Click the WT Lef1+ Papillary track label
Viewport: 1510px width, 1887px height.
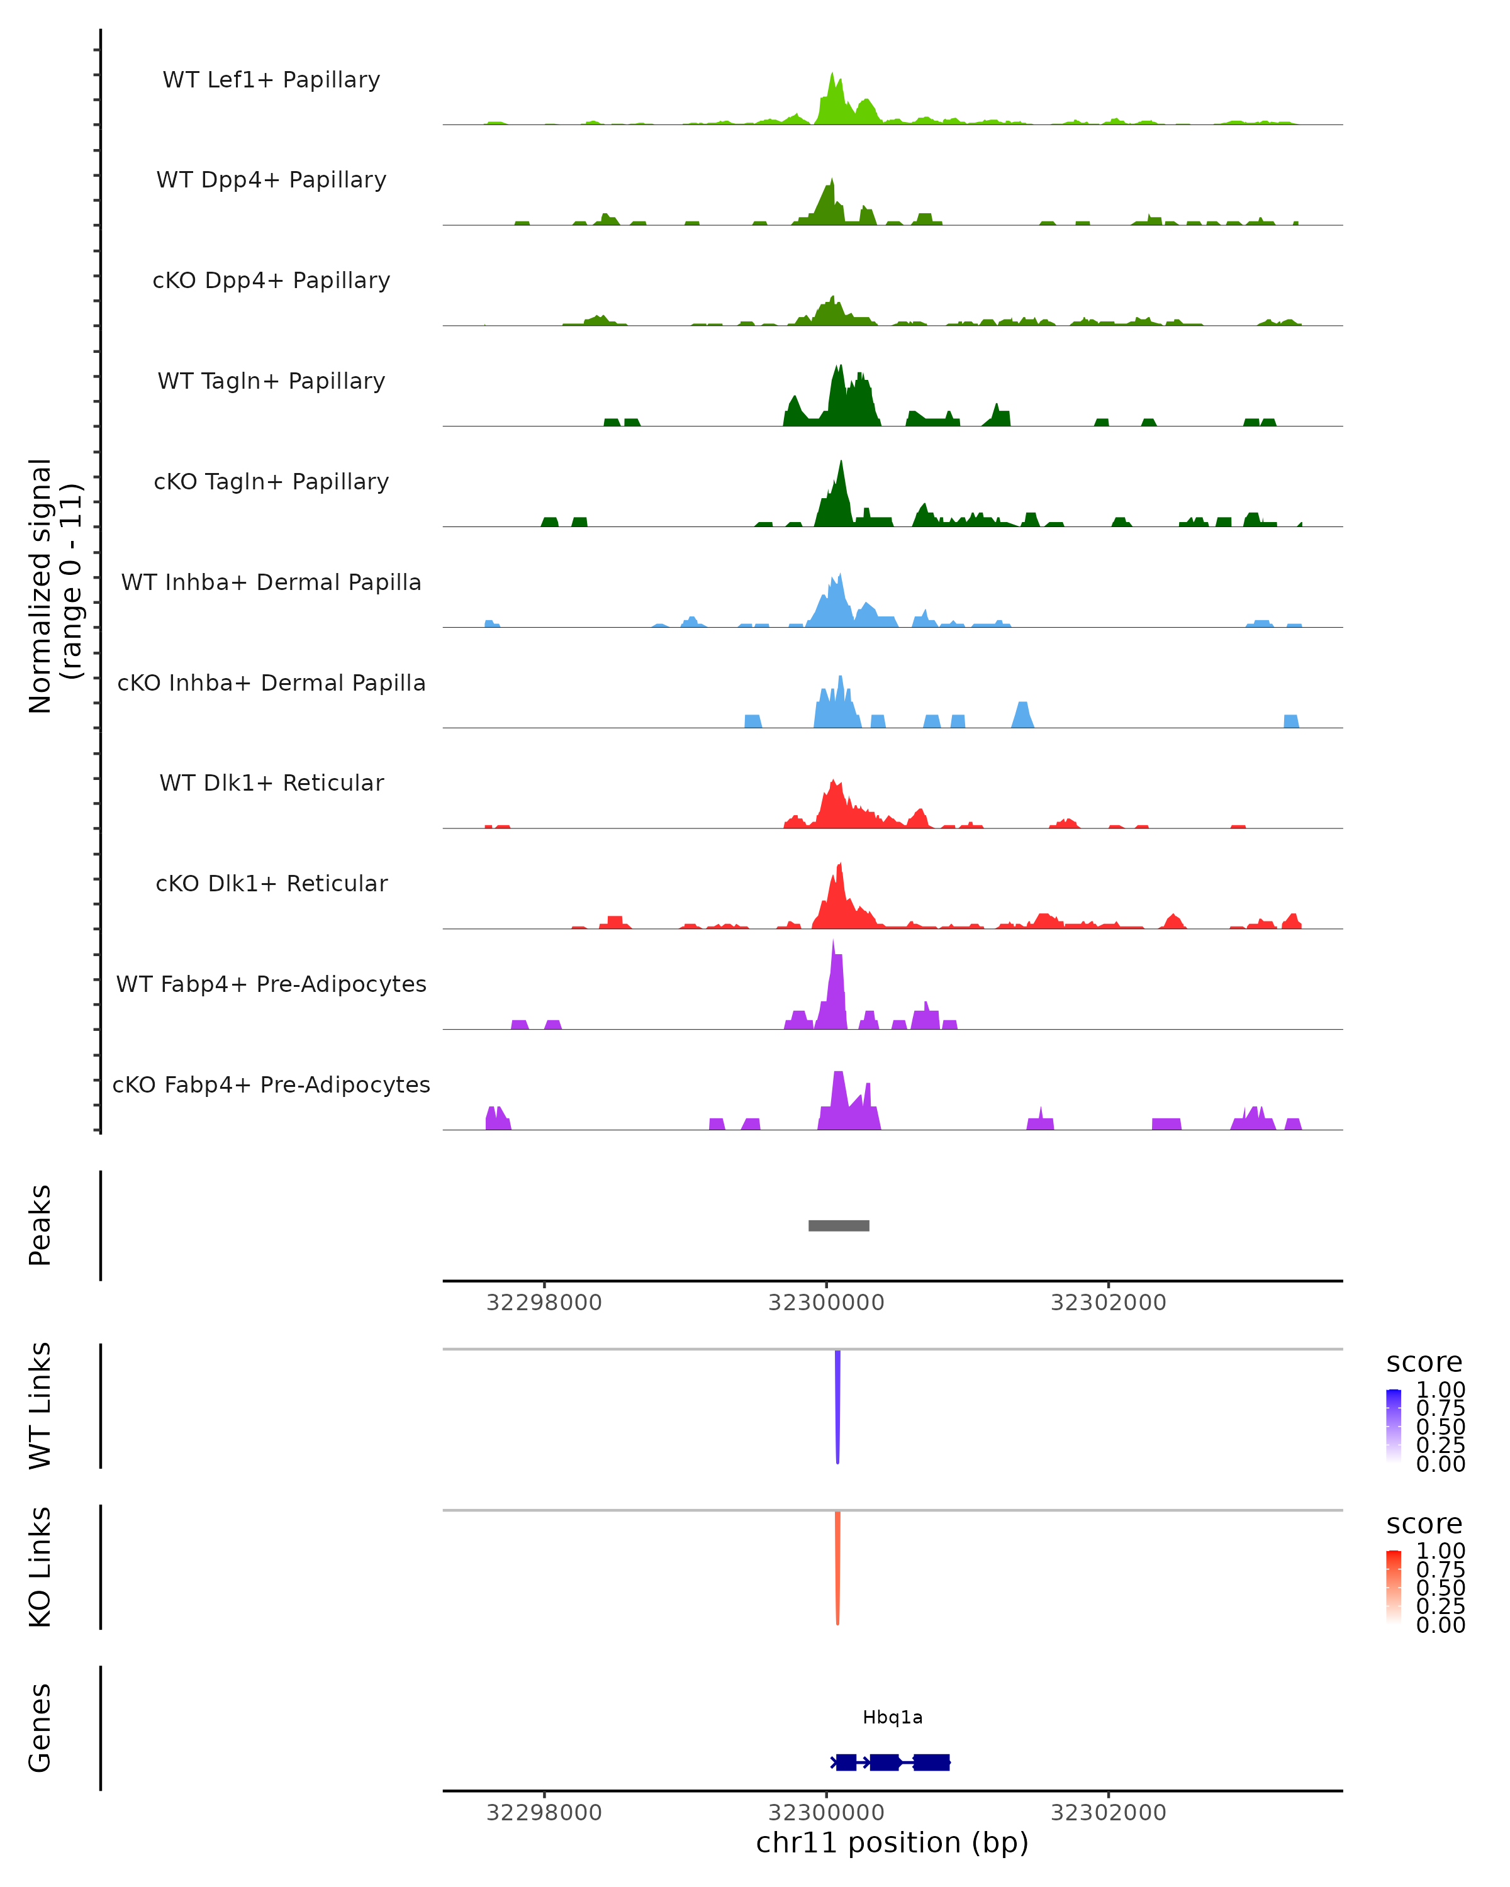[271, 80]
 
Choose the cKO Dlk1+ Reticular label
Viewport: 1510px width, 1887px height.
[271, 883]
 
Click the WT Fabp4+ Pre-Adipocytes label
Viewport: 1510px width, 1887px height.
[271, 984]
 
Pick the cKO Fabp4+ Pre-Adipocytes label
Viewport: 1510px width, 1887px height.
[271, 1084]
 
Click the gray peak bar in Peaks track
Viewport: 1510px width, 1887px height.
[839, 1225]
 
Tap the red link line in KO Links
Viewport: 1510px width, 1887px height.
[837, 1567]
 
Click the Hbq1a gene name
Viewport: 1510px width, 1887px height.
[892, 1717]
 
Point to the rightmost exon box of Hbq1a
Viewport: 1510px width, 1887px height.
[931, 1762]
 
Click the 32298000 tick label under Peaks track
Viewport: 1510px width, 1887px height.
[544, 1303]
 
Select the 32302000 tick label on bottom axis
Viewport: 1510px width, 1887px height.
[1108, 1813]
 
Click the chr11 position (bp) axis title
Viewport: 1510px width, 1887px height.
[892, 1842]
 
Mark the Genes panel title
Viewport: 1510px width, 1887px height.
[40, 1728]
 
